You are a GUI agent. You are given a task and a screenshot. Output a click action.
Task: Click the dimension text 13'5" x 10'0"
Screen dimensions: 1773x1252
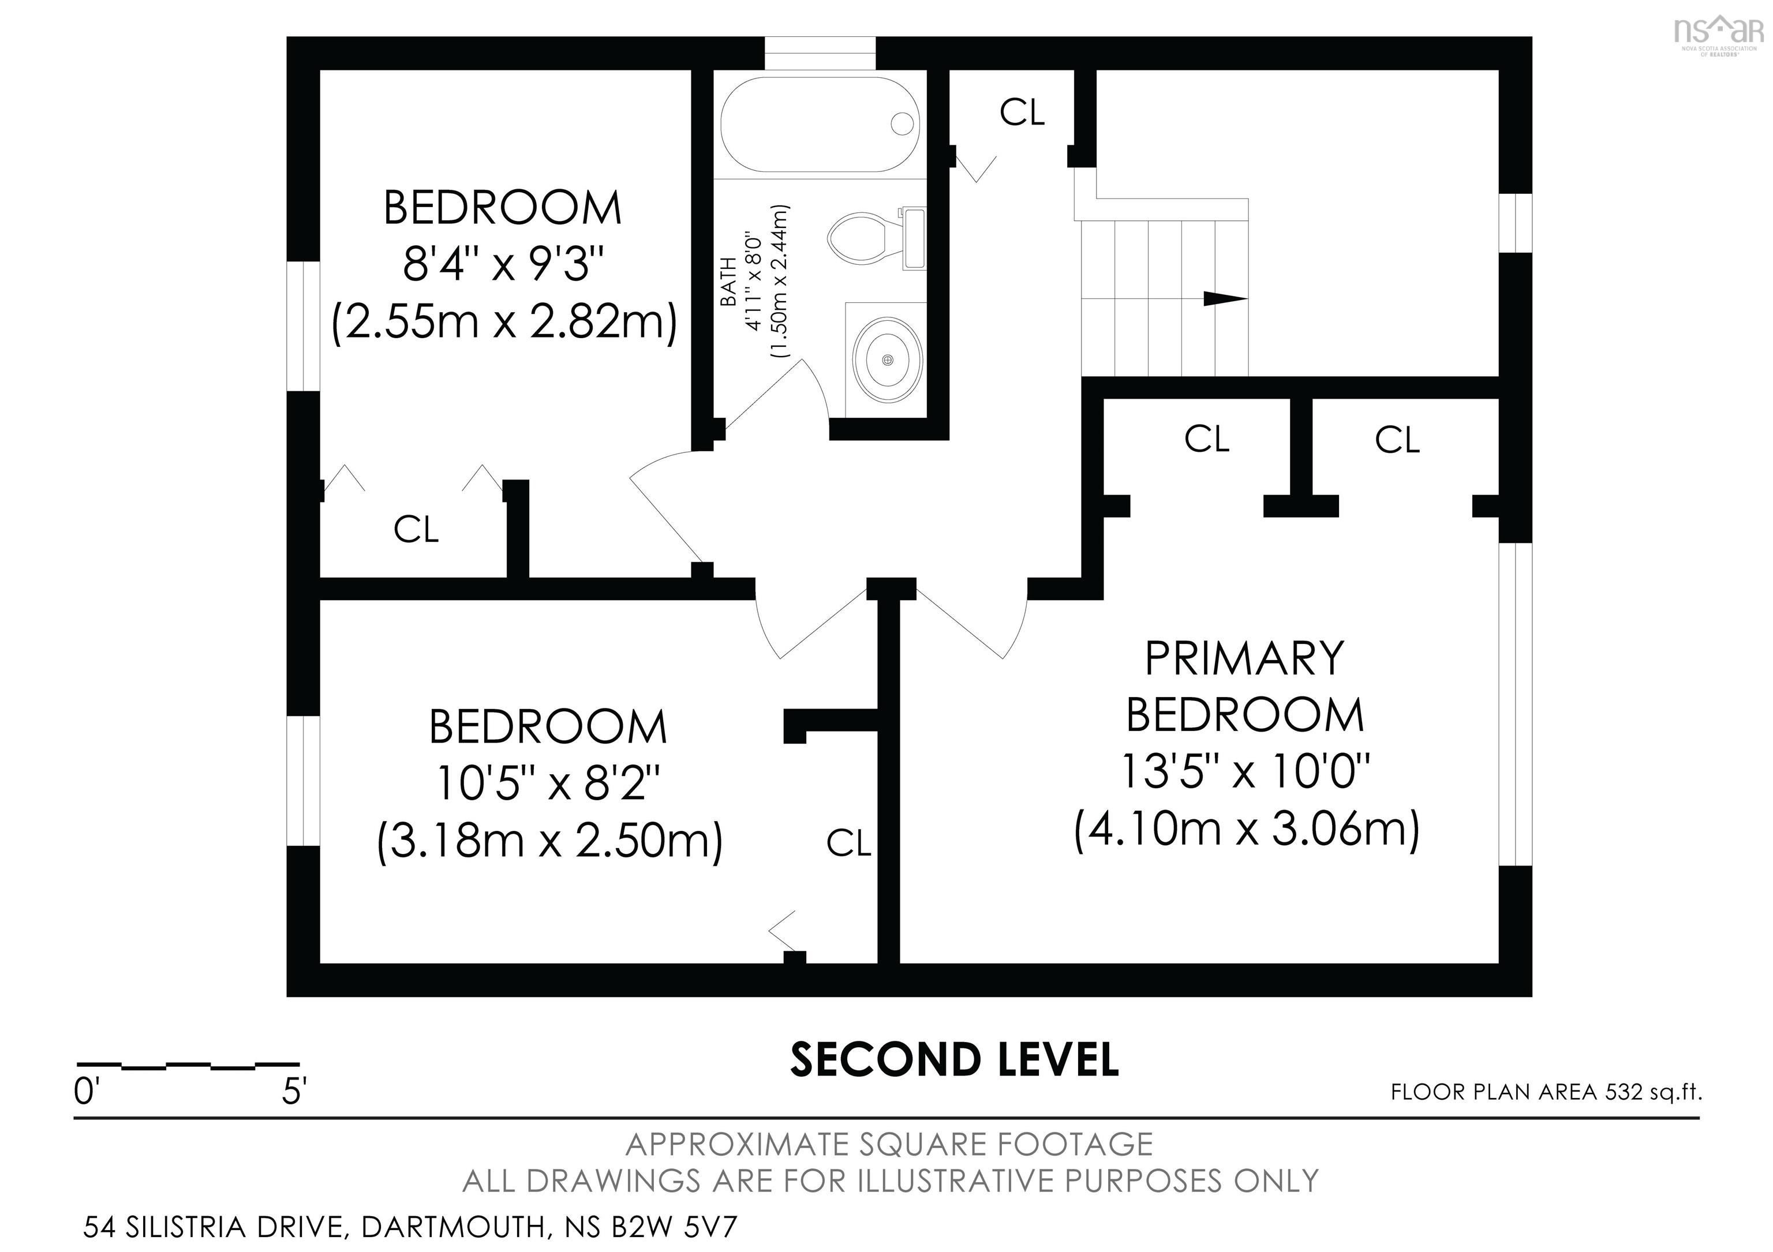[1245, 771]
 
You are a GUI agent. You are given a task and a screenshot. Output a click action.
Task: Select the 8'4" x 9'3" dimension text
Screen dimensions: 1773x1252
[502, 264]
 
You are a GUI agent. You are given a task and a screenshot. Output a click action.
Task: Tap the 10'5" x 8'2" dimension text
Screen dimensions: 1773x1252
[548, 783]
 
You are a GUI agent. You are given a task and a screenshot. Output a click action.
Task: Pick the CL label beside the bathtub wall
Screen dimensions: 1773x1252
[1022, 113]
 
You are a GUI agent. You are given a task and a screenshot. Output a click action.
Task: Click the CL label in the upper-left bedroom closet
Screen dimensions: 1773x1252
[416, 530]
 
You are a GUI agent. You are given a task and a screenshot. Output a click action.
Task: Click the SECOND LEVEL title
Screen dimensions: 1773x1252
[955, 1060]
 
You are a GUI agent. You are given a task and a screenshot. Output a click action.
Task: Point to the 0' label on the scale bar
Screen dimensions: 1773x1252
[84, 1092]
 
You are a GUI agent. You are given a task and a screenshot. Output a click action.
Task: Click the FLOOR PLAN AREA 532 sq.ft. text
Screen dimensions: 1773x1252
[1546, 1092]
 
